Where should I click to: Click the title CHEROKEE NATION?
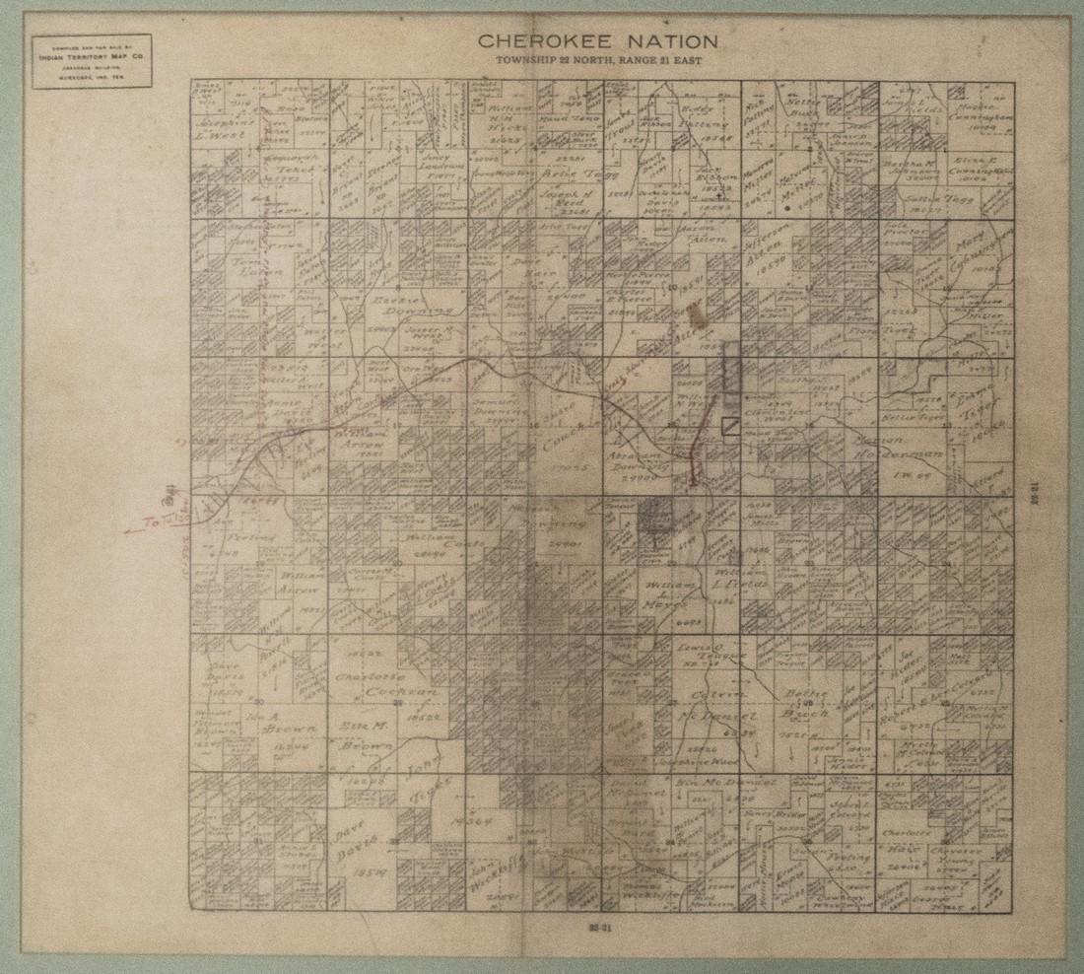[x=598, y=41]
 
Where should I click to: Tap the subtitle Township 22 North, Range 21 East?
[x=597, y=61]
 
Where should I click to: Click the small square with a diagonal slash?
[x=731, y=425]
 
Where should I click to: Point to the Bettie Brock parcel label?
[x=809, y=702]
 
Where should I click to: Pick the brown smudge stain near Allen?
[x=699, y=313]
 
